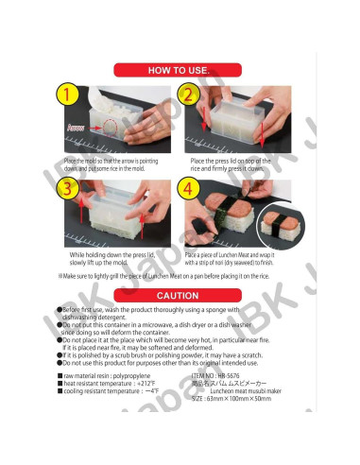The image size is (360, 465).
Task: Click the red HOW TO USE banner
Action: click(x=179, y=70)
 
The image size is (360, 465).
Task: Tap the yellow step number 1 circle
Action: click(x=65, y=95)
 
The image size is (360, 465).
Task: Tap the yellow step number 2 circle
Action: click(x=187, y=95)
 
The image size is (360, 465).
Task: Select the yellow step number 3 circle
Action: click(x=65, y=188)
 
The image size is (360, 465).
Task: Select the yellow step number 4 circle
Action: click(x=187, y=188)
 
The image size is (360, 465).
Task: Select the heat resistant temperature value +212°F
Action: click(x=154, y=383)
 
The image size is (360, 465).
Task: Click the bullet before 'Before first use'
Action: click(x=60, y=309)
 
